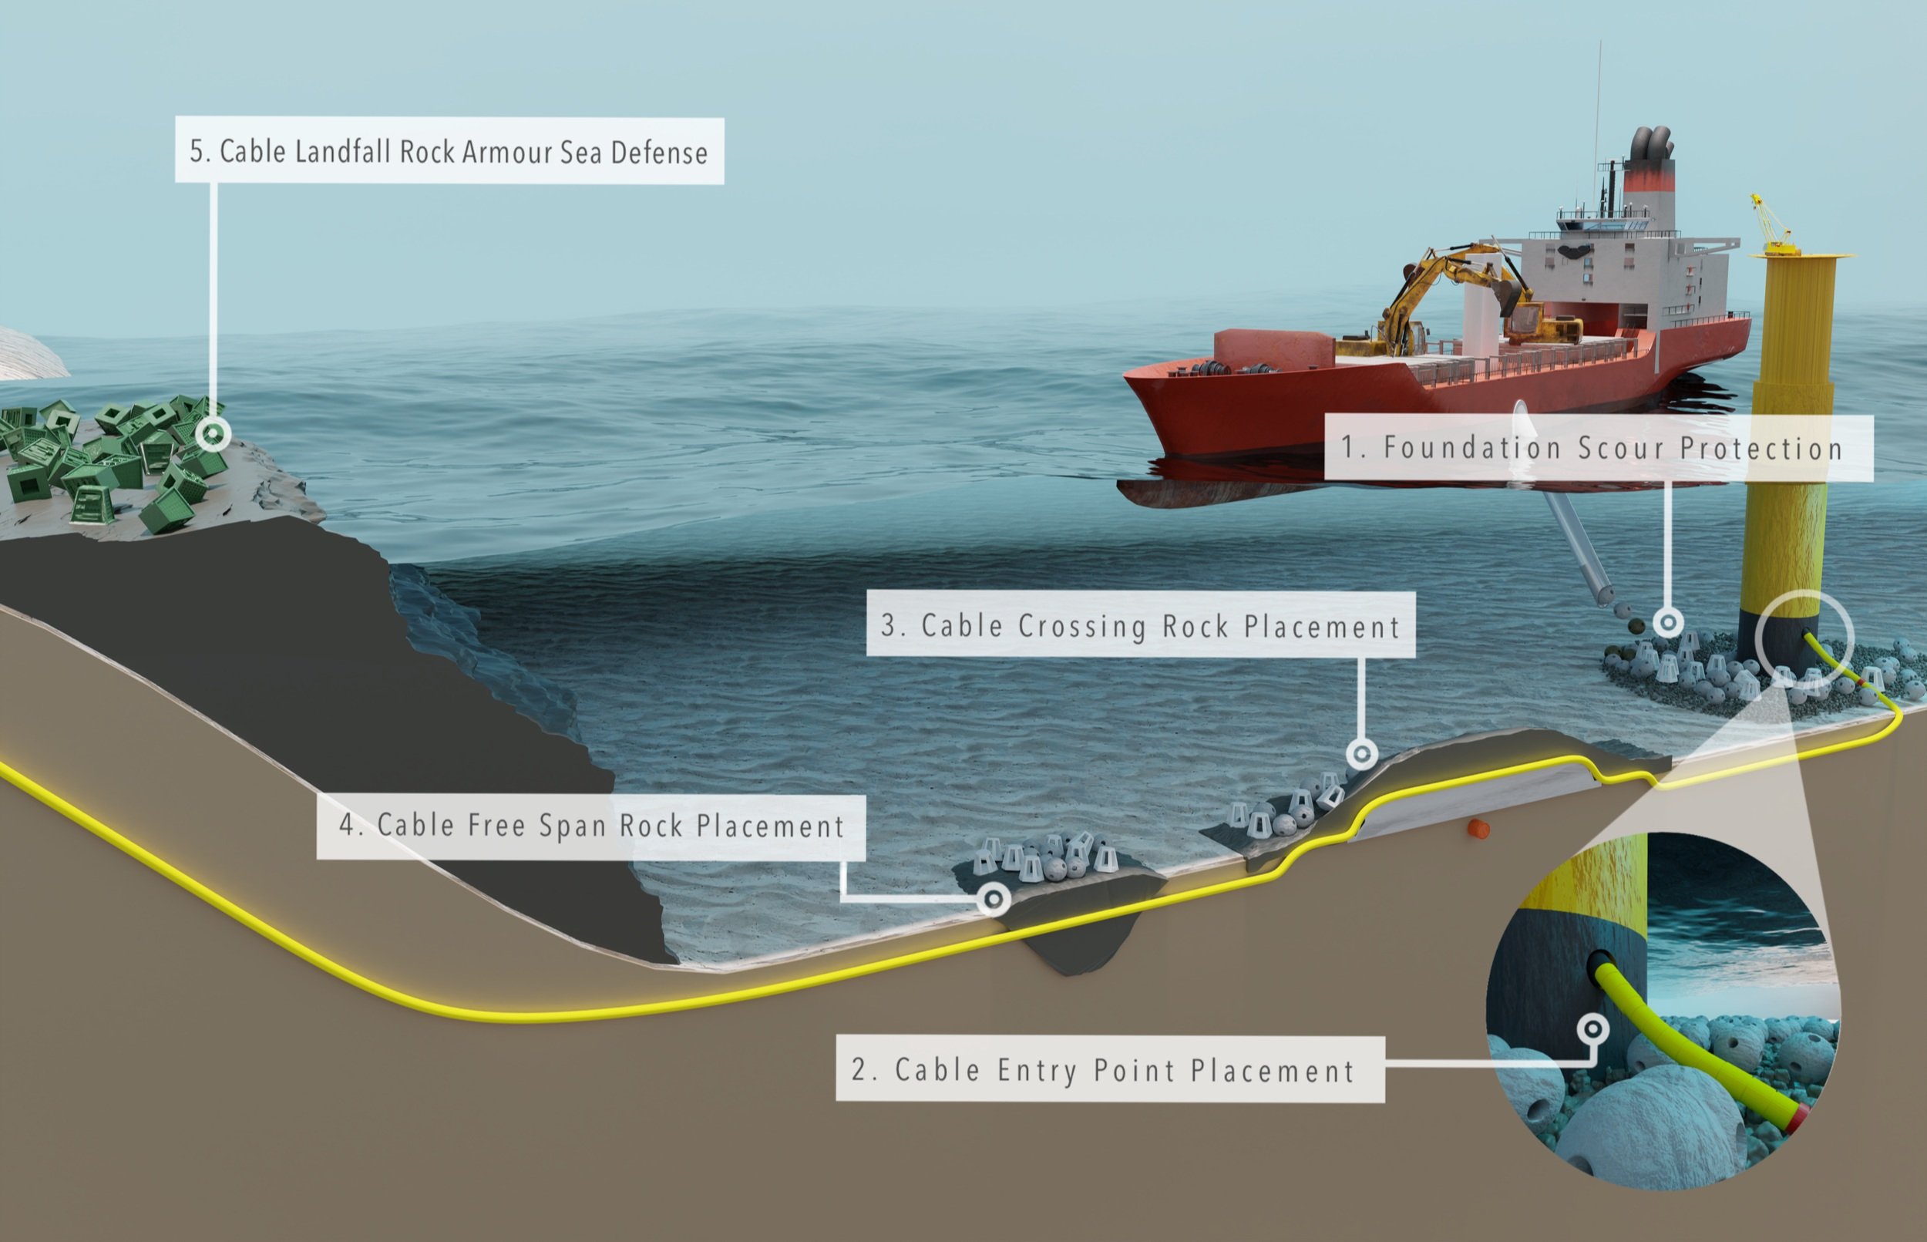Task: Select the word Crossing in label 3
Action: point(1082,627)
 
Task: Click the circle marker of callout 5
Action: point(213,435)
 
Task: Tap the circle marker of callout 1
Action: point(1668,622)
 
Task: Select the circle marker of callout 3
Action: point(1362,754)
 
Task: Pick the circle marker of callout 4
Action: point(994,897)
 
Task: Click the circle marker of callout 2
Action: point(1592,1029)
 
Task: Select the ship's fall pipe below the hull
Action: point(1572,548)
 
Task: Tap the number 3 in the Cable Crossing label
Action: point(890,626)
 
